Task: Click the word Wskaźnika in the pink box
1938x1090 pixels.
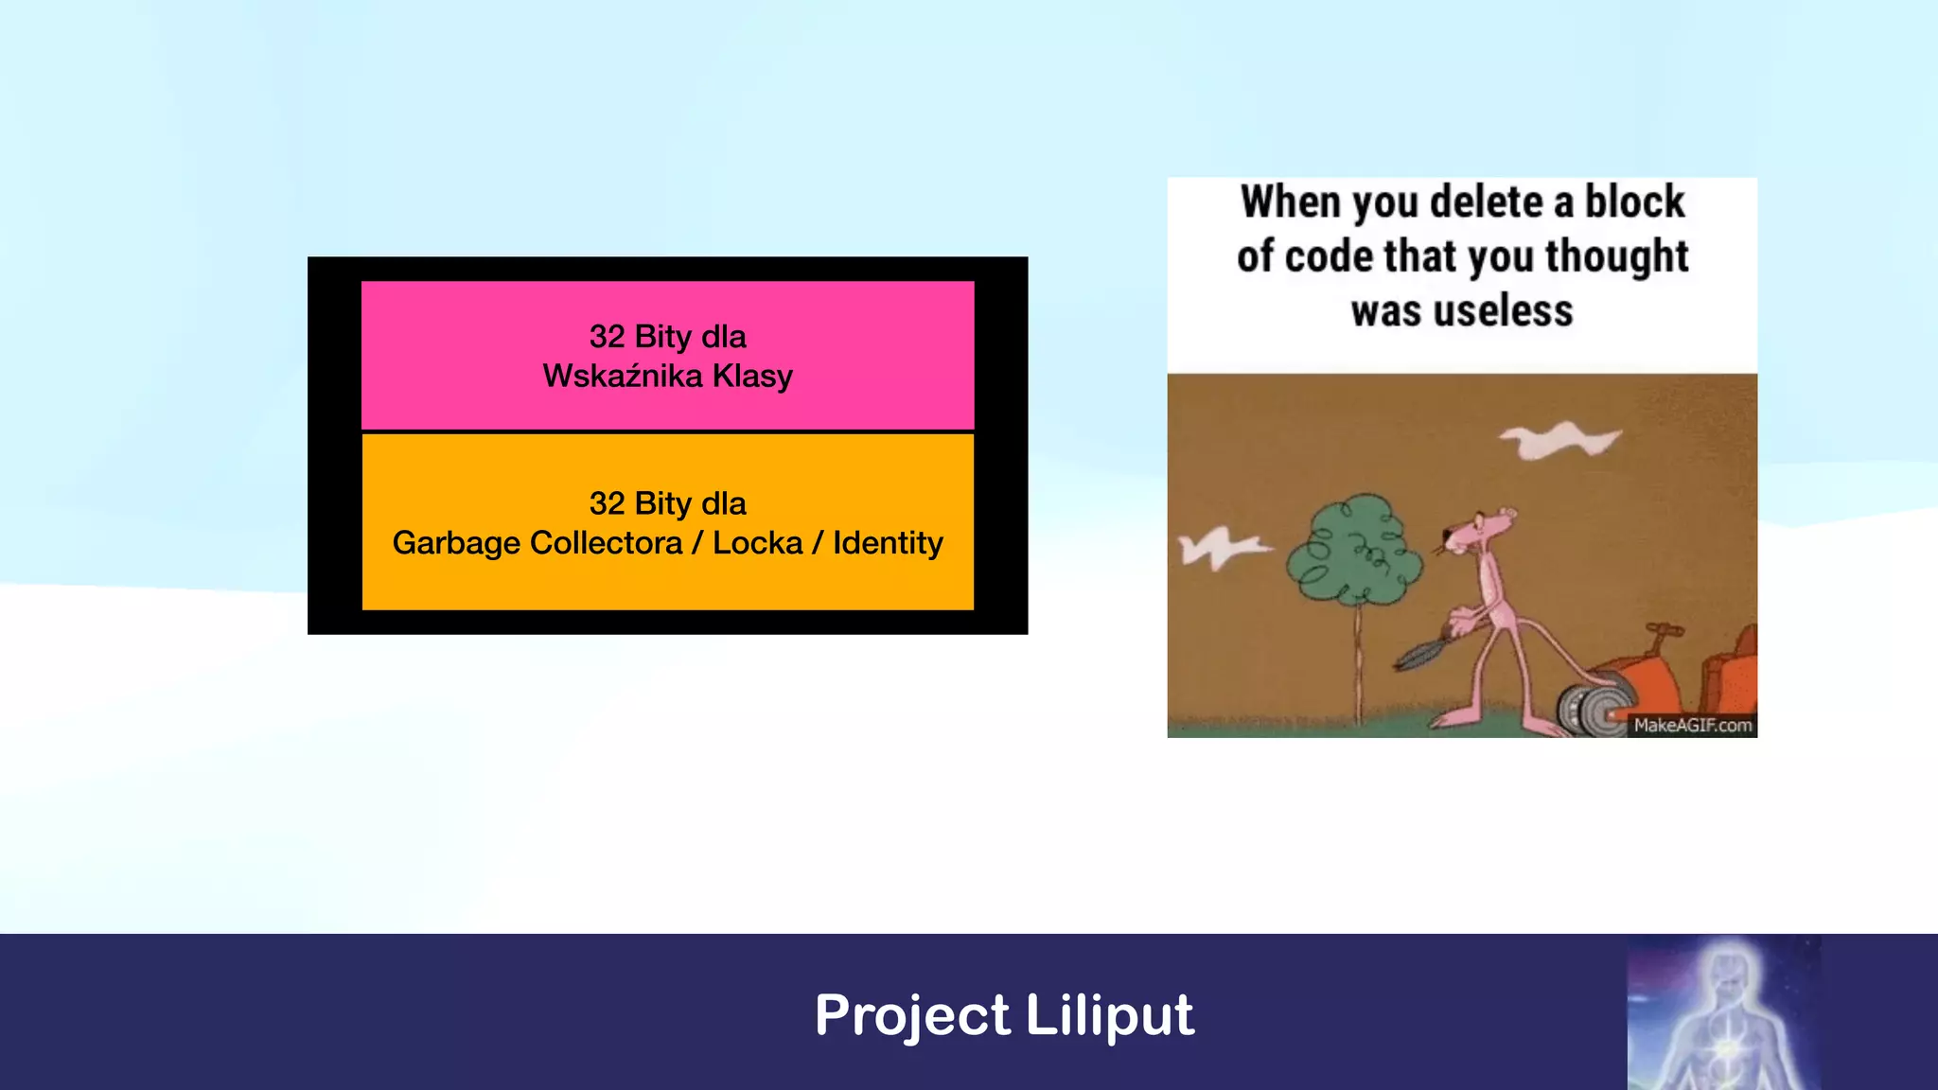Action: [622, 377]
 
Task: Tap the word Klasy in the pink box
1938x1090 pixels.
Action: [752, 377]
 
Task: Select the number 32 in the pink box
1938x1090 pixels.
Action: [607, 337]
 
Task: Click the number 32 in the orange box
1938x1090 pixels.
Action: [607, 503]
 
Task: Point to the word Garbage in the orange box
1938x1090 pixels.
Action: [456, 543]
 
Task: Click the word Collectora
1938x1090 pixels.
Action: [606, 543]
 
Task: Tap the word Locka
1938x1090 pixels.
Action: [757, 543]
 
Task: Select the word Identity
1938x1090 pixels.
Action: [888, 543]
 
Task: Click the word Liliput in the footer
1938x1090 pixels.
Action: [1109, 1016]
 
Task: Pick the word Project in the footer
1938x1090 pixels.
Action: [912, 1016]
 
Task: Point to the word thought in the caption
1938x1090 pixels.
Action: [1616, 256]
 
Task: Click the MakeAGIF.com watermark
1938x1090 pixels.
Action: [1692, 726]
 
